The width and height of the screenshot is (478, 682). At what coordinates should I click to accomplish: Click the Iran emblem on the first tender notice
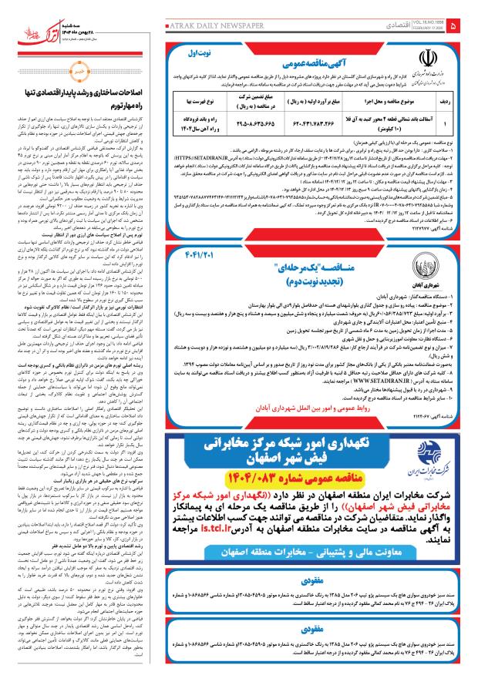pos(429,58)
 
